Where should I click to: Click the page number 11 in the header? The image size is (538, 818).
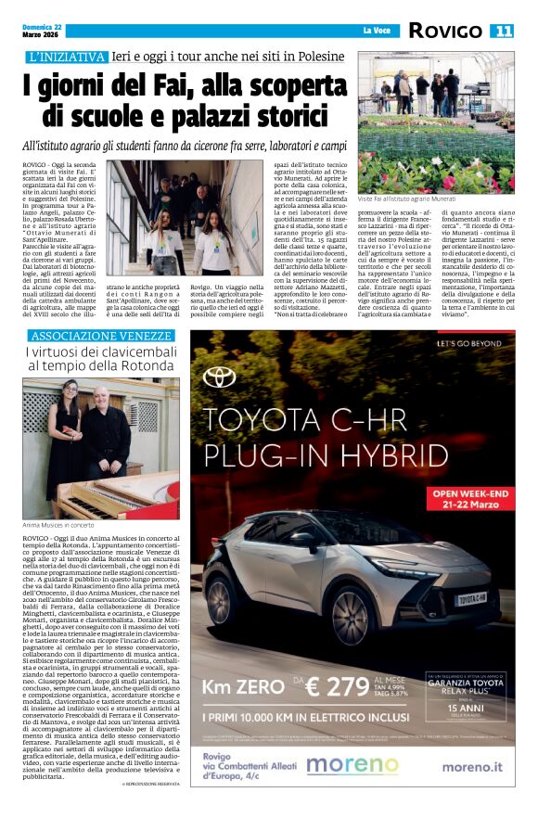(502, 31)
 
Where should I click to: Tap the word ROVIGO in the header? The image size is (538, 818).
(445, 31)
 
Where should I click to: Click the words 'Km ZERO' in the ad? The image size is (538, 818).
(244, 687)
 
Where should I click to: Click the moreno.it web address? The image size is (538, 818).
(472, 766)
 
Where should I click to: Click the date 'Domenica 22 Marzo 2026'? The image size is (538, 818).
(45, 31)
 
